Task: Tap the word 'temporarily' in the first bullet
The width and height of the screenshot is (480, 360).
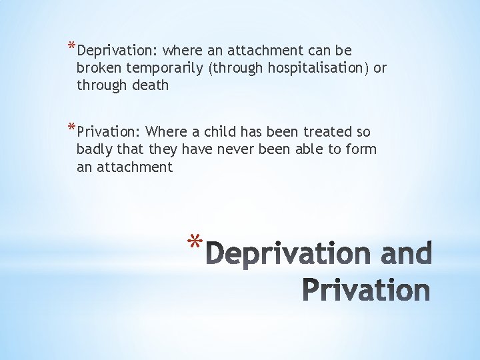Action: pyautogui.click(x=165, y=68)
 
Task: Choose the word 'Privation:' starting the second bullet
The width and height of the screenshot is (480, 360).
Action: pyautogui.click(x=109, y=132)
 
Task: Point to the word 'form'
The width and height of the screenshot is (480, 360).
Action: pyautogui.click(x=361, y=149)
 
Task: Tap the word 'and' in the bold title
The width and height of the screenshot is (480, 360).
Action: pyautogui.click(x=407, y=254)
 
